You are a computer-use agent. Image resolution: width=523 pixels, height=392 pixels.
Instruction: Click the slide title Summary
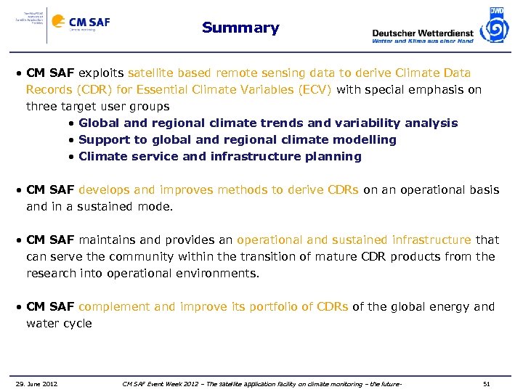(x=240, y=28)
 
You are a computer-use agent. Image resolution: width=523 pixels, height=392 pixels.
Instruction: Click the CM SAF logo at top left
(x=81, y=23)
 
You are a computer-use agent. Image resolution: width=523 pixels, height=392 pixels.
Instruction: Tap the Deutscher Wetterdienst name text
(x=422, y=33)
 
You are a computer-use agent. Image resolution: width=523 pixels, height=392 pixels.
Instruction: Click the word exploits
(x=101, y=73)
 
